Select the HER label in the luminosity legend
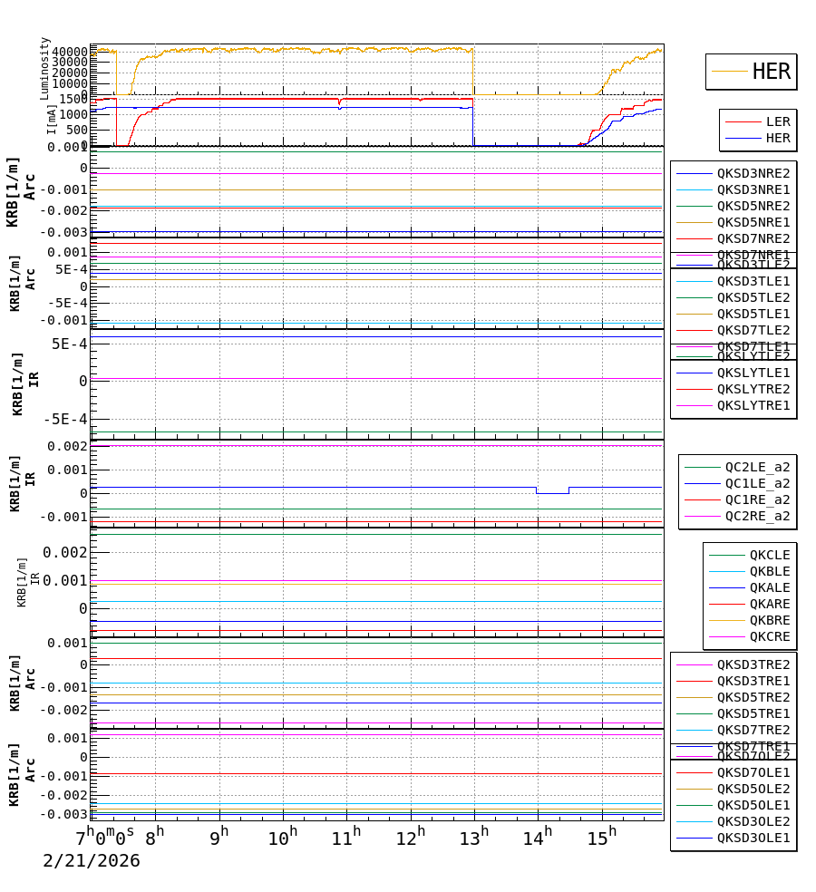[x=772, y=72]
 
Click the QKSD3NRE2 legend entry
[x=753, y=173]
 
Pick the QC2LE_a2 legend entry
[x=757, y=467]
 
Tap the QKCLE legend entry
[x=769, y=555]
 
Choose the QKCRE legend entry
[x=769, y=636]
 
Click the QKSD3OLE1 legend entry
[x=753, y=838]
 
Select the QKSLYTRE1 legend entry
[x=753, y=405]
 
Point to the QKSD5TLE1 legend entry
[x=753, y=314]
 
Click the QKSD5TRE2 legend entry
[x=753, y=697]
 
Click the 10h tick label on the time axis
[x=283, y=839]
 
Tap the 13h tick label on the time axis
[x=473, y=839]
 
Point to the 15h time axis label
[x=600, y=839]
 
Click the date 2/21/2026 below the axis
[x=92, y=861]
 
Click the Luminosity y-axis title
[x=44, y=68]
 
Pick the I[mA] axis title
[x=52, y=119]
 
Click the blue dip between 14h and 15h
[x=552, y=493]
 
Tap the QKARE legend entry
[x=769, y=604]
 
